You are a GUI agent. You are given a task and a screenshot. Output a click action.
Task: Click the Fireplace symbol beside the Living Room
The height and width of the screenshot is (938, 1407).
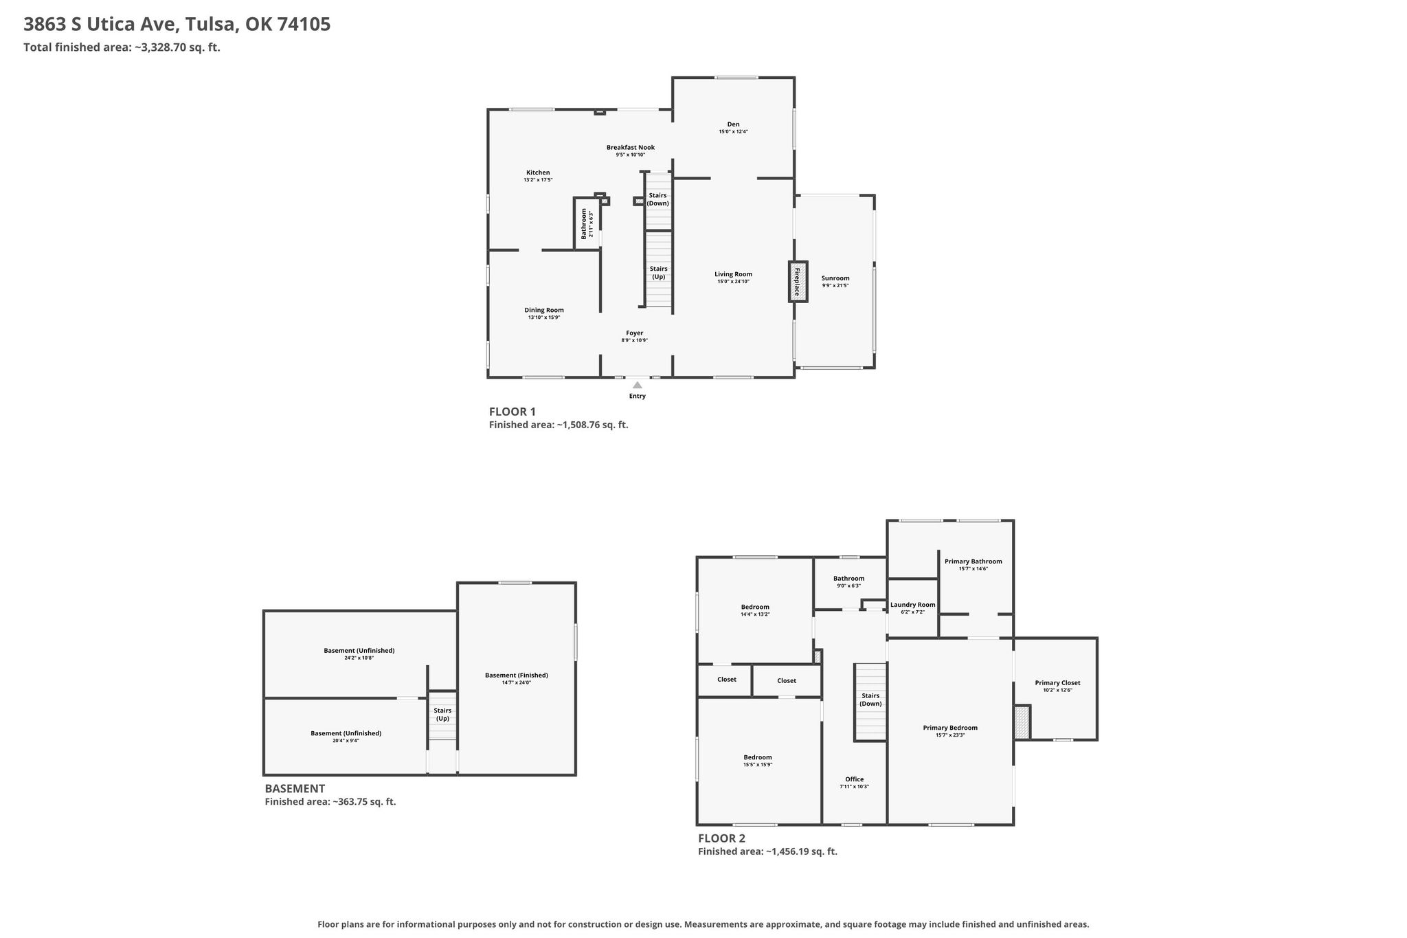pyautogui.click(x=798, y=281)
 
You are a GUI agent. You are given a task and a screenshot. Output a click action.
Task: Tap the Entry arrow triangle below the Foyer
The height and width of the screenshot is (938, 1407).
pyautogui.click(x=638, y=386)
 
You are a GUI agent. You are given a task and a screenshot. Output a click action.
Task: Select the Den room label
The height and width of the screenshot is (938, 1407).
pyautogui.click(x=733, y=124)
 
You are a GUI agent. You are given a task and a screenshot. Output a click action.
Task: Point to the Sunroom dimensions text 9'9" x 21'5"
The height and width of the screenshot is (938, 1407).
pyautogui.click(x=835, y=286)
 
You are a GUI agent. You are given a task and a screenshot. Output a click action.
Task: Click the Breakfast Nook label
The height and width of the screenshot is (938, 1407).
pyautogui.click(x=630, y=147)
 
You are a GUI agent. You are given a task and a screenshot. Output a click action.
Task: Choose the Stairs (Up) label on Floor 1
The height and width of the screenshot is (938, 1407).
pyautogui.click(x=658, y=273)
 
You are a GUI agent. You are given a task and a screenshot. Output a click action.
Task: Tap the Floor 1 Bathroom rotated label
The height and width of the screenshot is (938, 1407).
pyautogui.click(x=585, y=223)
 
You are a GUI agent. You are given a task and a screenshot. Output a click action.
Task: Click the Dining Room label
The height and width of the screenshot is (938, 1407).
pyautogui.click(x=544, y=310)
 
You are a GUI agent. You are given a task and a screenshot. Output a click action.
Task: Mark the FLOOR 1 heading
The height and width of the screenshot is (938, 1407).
pyautogui.click(x=512, y=412)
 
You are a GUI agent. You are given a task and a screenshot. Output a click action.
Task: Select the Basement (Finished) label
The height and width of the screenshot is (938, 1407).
pyautogui.click(x=516, y=675)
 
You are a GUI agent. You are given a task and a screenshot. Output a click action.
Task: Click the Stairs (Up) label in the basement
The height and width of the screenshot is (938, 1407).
pyautogui.click(x=442, y=715)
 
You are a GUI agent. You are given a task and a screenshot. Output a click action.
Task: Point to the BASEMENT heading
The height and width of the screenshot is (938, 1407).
pyautogui.click(x=295, y=789)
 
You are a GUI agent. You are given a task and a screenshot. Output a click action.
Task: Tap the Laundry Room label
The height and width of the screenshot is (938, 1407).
pyautogui.click(x=912, y=605)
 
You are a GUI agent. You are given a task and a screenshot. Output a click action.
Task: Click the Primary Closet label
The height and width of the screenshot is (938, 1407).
pyautogui.click(x=1057, y=683)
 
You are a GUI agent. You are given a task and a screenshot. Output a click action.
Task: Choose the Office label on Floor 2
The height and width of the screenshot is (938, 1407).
pyautogui.click(x=854, y=779)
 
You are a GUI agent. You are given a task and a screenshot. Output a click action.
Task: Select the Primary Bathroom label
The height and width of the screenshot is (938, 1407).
pyautogui.click(x=973, y=561)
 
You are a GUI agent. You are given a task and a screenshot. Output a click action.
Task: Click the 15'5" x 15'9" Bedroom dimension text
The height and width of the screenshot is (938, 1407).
pyautogui.click(x=757, y=765)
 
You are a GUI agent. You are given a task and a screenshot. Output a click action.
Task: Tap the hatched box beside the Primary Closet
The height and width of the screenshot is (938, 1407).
pyautogui.click(x=1022, y=722)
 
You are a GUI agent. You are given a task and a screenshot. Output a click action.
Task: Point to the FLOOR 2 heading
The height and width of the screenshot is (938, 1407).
pyautogui.click(x=721, y=838)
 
